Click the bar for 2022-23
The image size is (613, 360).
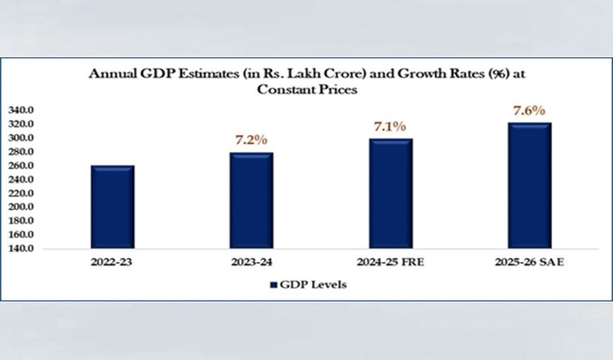(112, 207)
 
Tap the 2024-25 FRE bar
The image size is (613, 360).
(390, 194)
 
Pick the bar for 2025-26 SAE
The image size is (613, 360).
(528, 185)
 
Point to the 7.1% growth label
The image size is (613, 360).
(390, 126)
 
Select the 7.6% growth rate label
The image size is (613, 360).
(528, 111)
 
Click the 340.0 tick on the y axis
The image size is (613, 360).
(22, 111)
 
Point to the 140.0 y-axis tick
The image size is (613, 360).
(22, 249)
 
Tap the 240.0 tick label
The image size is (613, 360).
(22, 180)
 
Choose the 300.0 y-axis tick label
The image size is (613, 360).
(22, 138)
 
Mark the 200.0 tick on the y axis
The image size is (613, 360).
(22, 207)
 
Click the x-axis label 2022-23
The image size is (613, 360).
(112, 264)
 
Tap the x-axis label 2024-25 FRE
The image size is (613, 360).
(390, 264)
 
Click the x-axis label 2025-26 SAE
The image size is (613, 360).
(528, 264)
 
